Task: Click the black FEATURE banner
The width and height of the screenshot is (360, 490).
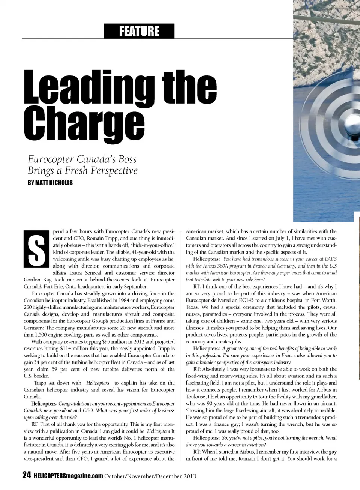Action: pyautogui.click(x=139, y=31)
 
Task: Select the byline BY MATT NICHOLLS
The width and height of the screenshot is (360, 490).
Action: pyautogui.click(x=50, y=183)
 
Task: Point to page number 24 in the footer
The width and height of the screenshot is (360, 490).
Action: pyautogui.click(x=27, y=476)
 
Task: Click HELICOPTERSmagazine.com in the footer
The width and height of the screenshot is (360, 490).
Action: pyautogui.click(x=68, y=476)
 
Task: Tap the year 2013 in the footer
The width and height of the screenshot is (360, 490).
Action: pyautogui.click(x=190, y=476)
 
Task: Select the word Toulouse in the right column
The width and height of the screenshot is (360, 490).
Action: pyautogui.click(x=196, y=397)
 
